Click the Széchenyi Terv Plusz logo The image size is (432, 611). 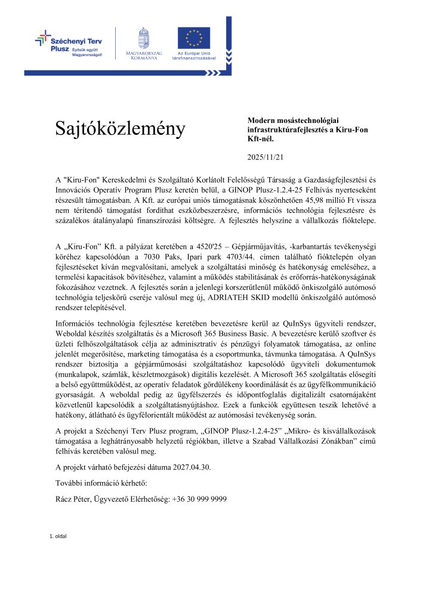coord(68,45)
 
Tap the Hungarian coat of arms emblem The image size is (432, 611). coord(143,38)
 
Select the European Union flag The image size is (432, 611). coord(193,38)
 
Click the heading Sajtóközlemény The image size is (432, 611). coord(121,128)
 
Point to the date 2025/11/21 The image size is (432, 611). coord(266,158)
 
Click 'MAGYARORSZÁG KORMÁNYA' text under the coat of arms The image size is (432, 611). coord(142,57)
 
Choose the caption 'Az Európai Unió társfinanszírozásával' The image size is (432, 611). coord(193,57)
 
